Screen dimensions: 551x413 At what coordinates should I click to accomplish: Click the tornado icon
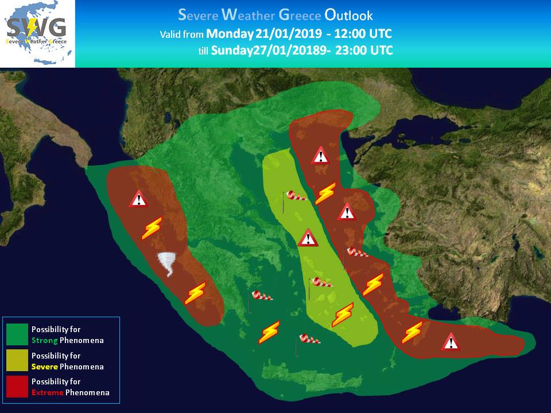(167, 264)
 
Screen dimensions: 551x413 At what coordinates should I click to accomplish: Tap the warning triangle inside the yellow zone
(308, 237)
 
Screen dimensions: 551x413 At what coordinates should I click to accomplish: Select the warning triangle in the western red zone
(138, 199)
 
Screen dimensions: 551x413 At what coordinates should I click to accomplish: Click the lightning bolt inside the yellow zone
(343, 315)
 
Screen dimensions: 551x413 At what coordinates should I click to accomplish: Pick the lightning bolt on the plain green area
(269, 332)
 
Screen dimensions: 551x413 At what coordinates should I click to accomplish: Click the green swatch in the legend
(17, 334)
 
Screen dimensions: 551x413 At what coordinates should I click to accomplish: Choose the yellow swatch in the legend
(17, 360)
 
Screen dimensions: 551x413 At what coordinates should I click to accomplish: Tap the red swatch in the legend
(17, 387)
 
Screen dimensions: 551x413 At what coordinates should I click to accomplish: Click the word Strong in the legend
(45, 340)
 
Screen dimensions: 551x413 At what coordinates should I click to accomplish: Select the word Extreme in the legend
(48, 392)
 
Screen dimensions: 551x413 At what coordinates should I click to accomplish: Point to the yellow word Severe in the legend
(45, 367)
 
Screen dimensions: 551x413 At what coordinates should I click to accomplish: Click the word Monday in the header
(230, 34)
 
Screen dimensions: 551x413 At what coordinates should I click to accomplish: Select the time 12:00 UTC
(363, 34)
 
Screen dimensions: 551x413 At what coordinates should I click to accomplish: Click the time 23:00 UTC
(364, 50)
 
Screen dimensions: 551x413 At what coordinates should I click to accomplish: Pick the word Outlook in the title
(348, 15)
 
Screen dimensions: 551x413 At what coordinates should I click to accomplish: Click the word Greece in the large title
(300, 15)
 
